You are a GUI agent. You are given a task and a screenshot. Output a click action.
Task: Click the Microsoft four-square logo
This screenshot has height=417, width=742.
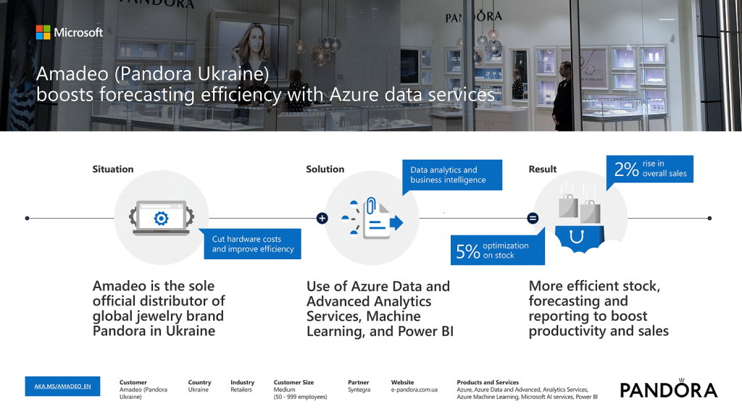[x=43, y=32]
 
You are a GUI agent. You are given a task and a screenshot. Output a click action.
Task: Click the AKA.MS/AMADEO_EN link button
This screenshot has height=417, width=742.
[x=62, y=387]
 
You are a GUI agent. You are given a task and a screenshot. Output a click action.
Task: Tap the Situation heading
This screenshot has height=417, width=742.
[x=112, y=169]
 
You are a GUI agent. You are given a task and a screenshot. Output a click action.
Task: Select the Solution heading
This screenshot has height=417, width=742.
[x=325, y=169]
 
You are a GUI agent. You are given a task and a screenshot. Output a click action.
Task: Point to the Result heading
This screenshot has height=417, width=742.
[x=542, y=169]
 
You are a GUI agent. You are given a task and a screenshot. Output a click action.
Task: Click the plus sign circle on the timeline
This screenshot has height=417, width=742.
[x=322, y=219]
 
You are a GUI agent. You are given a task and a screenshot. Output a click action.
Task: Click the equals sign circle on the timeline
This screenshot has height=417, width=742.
[x=533, y=219]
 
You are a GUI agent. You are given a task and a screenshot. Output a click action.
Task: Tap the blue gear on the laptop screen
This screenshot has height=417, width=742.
[x=162, y=219]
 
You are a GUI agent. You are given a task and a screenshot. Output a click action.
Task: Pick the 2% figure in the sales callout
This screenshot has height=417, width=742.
[x=627, y=169]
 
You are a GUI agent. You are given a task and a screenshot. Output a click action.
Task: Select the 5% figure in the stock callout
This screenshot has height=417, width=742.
[x=468, y=251]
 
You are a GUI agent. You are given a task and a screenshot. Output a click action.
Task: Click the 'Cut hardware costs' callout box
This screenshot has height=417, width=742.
[x=252, y=244]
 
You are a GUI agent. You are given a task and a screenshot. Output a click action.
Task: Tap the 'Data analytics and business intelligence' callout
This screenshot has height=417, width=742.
[x=452, y=175]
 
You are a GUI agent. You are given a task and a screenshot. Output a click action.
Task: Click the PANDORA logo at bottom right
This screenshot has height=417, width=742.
[x=669, y=389]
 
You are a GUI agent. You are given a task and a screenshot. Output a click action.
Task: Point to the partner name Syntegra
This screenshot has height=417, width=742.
[x=359, y=390]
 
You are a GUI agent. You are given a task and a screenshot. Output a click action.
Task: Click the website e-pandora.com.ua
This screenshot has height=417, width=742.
[x=414, y=390]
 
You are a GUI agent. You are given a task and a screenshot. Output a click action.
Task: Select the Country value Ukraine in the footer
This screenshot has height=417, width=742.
[x=199, y=390]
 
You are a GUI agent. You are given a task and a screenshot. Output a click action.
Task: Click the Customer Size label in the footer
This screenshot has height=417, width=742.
[x=293, y=382]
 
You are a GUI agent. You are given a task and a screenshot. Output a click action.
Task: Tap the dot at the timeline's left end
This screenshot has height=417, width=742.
[x=27, y=219]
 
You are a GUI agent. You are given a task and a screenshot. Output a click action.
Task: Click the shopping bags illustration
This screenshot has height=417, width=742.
[x=580, y=208]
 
